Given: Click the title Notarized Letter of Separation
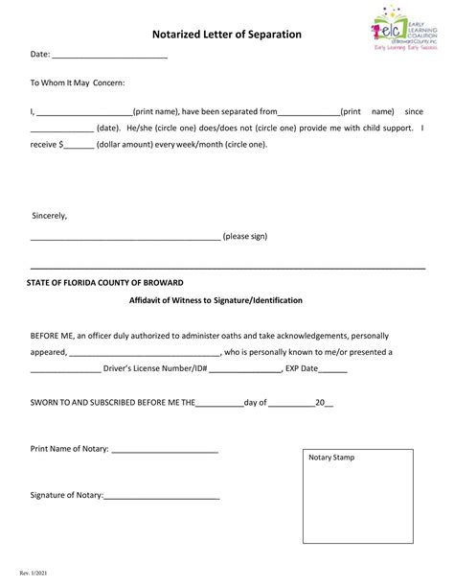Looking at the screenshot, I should (x=227, y=35).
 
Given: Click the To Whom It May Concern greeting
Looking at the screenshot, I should (x=78, y=83).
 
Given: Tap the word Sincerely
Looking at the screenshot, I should (x=50, y=215).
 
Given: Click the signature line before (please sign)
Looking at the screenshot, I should (x=125, y=237).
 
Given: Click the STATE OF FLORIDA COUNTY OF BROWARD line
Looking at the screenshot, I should (x=104, y=283).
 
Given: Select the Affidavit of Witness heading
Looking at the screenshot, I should (x=216, y=300).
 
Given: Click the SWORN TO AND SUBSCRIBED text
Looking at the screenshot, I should (x=112, y=403).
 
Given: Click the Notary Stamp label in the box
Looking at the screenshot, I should (x=331, y=458).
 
